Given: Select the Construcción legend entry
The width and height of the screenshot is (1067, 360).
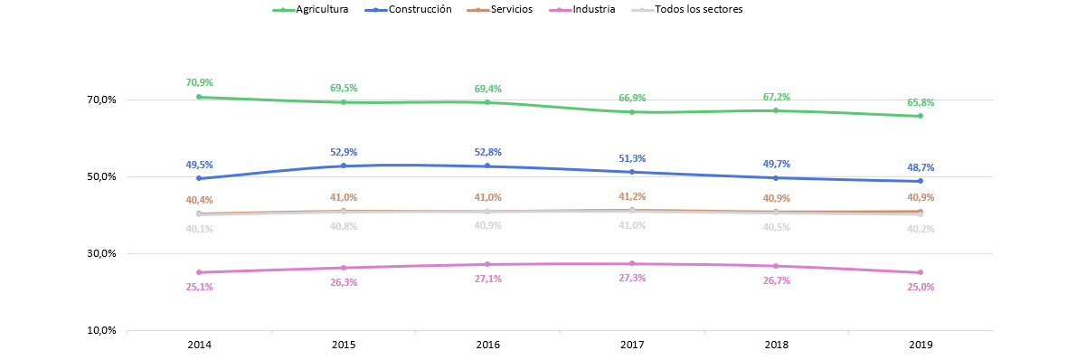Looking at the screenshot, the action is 409,10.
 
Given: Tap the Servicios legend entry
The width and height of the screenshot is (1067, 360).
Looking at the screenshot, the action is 499,10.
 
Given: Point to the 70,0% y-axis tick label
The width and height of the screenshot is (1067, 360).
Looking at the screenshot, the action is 103,100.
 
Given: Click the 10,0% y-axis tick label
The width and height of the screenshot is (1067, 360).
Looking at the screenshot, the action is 103,331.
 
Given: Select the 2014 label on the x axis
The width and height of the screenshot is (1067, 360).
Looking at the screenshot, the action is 199,345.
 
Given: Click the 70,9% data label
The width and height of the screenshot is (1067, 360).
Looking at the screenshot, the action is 199,82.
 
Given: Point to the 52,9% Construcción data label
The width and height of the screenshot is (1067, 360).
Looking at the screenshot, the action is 344,152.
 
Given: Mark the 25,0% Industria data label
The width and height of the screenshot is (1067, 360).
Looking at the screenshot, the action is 920,287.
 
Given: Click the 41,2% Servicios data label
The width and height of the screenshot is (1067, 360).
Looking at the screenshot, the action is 631,196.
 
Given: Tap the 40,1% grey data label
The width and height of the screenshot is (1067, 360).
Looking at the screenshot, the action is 199,230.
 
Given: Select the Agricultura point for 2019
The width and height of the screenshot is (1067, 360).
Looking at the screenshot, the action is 920,116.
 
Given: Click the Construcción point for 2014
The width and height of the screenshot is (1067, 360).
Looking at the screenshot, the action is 199,178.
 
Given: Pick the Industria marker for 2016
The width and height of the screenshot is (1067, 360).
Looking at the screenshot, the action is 487,264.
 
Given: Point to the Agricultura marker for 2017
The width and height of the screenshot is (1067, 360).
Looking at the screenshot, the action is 631,111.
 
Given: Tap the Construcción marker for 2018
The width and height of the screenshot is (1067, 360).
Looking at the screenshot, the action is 776,177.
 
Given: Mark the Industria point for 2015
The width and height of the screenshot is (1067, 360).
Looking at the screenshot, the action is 343,268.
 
